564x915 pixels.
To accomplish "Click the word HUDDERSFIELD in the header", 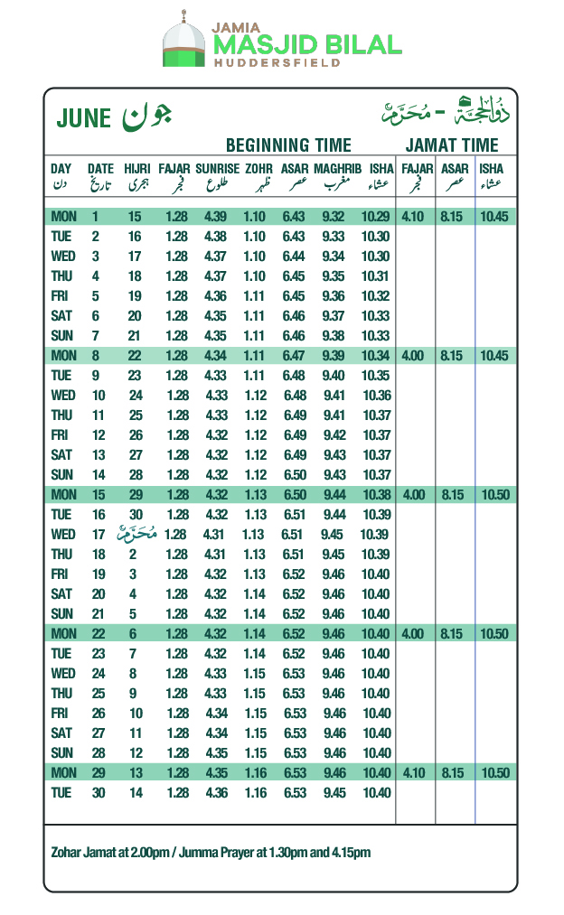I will click(x=277, y=63).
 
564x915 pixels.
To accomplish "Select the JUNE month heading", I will click(x=83, y=118).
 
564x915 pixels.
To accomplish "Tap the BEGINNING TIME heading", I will click(x=288, y=145).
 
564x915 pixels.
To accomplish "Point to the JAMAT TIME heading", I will click(x=452, y=145).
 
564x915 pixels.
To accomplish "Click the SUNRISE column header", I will click(x=217, y=169).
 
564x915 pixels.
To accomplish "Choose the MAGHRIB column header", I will click(x=338, y=169).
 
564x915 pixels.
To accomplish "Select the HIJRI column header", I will click(x=136, y=169).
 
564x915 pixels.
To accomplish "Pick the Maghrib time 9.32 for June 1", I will click(x=333, y=217).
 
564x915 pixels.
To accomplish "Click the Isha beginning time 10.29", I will click(x=375, y=217).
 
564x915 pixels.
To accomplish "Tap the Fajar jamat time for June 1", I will click(x=412, y=217).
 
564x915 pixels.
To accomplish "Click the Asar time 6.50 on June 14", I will click(x=293, y=475).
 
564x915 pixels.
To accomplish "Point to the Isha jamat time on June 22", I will click(x=495, y=634).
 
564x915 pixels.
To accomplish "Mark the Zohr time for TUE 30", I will click(x=255, y=793).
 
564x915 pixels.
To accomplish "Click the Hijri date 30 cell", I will click(x=135, y=515).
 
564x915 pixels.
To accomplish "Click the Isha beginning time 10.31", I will click(x=375, y=276).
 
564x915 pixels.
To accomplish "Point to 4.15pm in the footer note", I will click(x=351, y=853).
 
